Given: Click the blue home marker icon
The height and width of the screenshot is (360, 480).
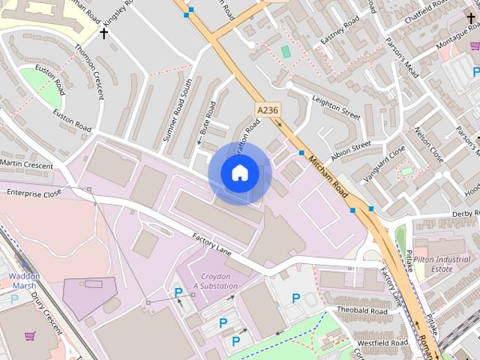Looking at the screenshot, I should pos(240,173).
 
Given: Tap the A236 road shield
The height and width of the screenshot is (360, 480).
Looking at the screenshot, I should pos(266,110).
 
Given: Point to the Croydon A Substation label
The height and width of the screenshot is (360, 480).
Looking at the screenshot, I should pos(215,281).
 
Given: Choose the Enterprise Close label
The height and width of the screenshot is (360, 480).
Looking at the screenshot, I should pos(34,193).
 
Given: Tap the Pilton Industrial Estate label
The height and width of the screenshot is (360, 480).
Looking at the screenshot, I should pos(442,262).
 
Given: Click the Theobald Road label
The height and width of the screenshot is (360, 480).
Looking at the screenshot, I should pos(361,310).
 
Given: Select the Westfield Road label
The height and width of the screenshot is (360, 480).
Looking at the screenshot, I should pos(382,343).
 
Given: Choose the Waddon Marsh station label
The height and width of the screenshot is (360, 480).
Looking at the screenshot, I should pos(24,280).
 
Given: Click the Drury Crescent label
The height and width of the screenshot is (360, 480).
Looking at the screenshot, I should pos(45,310).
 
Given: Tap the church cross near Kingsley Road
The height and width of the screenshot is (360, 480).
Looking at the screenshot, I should pos(104,33).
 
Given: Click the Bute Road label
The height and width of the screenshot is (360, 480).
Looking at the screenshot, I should pos(207,118).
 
